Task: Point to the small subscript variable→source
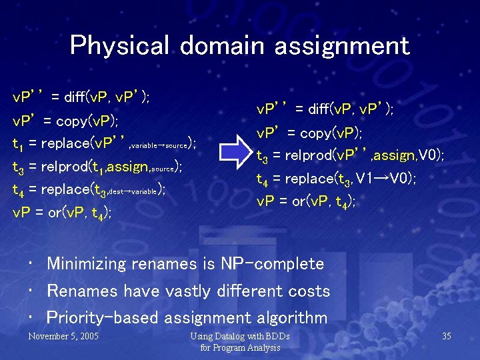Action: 157,145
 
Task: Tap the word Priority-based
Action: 103,317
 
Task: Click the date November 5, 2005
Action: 63,335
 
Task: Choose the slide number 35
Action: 446,335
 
